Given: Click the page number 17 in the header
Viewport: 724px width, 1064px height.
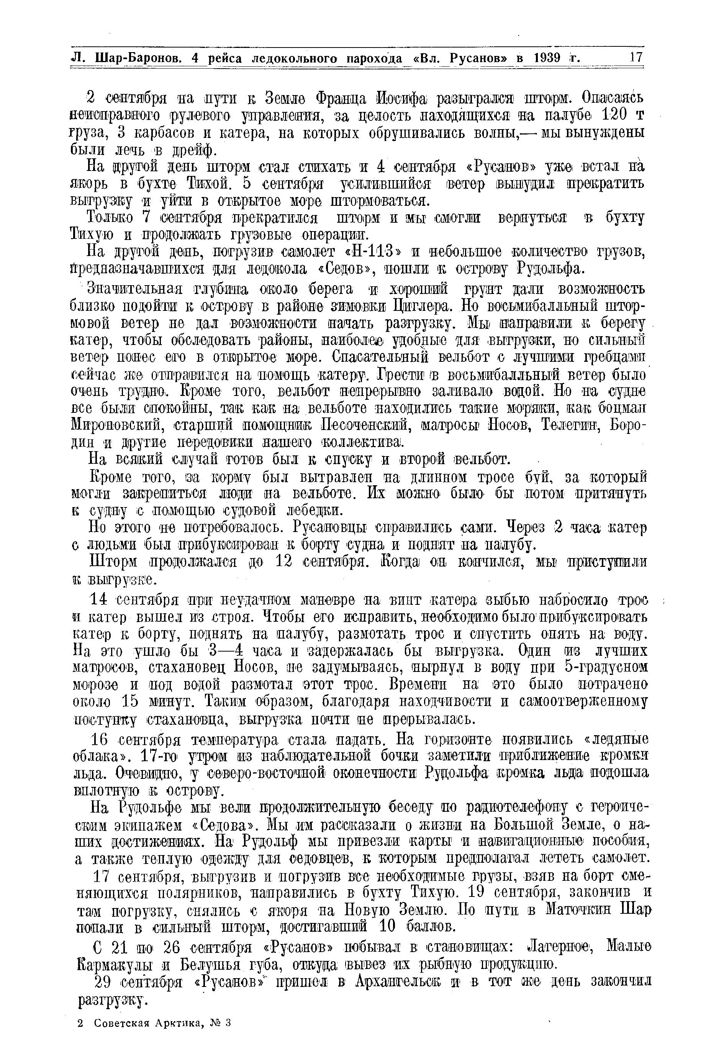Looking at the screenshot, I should [636, 58].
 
